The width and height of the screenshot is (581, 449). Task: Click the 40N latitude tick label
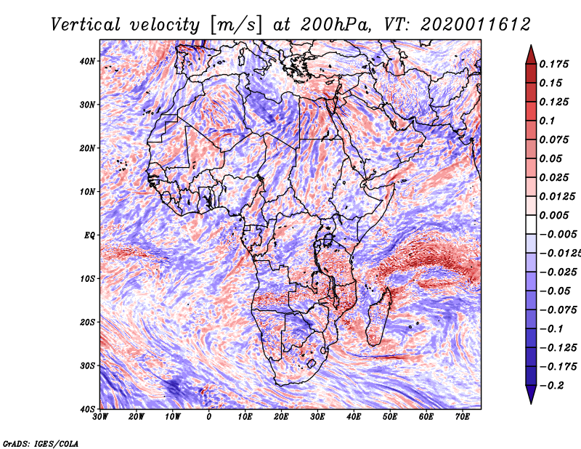pos(86,61)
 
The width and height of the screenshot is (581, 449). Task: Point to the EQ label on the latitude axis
pos(89,235)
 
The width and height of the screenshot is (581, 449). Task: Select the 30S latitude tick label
pos(87,366)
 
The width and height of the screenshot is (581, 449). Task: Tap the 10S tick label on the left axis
pos(87,279)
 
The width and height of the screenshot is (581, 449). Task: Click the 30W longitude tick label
pos(100,417)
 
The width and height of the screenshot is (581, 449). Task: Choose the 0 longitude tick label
pos(209,417)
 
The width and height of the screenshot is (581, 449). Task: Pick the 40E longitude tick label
pos(354,417)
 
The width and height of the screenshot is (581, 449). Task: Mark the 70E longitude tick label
pos(463,417)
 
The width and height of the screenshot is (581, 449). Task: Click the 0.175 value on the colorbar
pos(554,64)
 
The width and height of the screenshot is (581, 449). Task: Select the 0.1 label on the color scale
pos(547,121)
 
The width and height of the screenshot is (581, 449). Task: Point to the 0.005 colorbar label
pos(554,215)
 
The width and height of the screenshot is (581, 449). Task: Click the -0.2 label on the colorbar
pos(551,386)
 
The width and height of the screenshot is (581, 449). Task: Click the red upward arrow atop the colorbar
pos(531,54)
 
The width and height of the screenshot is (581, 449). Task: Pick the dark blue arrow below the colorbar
pos(531,395)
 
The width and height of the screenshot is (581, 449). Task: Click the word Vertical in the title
pos(86,25)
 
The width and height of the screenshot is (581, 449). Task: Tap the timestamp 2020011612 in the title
pos(476,25)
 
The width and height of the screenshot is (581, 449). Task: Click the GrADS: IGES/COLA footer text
pos(41,444)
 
